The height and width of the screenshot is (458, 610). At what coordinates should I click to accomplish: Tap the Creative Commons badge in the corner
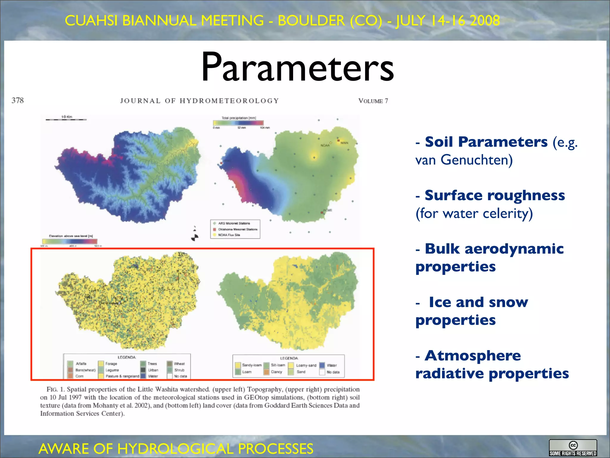tap(573, 448)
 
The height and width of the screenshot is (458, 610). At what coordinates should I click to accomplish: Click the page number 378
tap(18, 100)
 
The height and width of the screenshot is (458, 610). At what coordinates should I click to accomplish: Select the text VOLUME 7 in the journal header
tap(373, 101)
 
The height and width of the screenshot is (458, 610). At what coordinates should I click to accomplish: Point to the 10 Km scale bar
tap(66, 119)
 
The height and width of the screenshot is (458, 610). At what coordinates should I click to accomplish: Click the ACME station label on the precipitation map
tap(328, 210)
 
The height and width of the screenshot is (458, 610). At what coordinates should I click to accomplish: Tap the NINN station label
tap(344, 143)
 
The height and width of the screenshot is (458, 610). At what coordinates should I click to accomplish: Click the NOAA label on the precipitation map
tap(325, 145)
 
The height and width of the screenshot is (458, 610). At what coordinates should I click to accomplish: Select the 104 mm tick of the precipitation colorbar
tap(265, 128)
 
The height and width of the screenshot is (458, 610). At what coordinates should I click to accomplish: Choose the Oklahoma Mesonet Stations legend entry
tap(237, 229)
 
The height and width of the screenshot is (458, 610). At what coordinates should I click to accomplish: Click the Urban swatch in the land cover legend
tap(143, 370)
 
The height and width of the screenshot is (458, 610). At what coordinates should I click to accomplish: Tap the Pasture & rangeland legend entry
tap(122, 376)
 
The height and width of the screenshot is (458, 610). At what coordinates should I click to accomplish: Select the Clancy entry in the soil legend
tap(276, 372)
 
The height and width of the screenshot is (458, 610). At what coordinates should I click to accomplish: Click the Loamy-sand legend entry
tap(306, 365)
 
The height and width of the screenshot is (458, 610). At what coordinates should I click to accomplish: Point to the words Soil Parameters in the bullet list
tap(486, 142)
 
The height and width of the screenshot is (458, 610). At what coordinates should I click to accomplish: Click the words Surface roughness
tap(494, 196)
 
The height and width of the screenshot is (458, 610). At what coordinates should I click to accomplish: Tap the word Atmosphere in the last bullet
tap(473, 356)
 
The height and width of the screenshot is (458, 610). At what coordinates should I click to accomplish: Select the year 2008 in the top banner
tap(485, 21)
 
